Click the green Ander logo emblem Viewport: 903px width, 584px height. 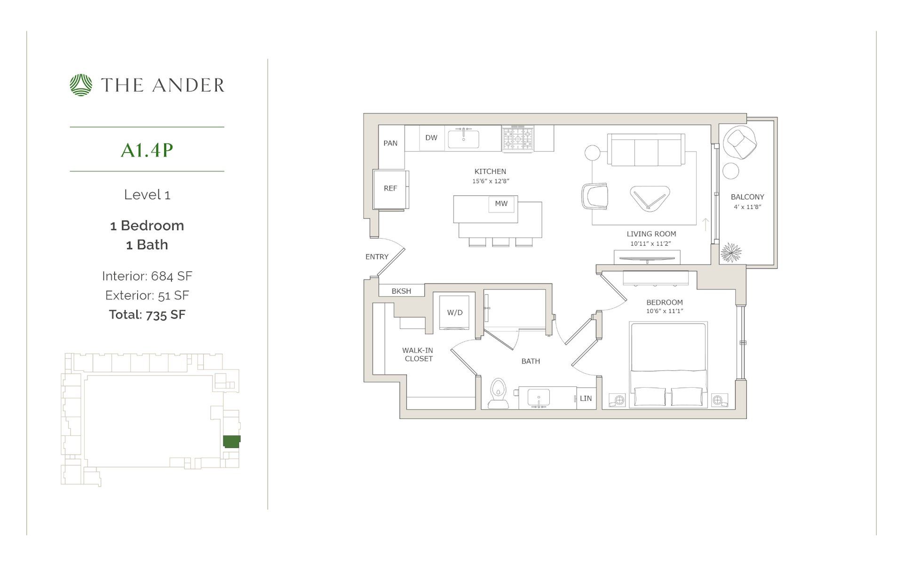pos(81,85)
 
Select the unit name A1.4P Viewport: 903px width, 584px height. pos(147,150)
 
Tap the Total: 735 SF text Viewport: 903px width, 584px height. pos(147,314)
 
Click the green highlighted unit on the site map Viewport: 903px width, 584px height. pos(231,441)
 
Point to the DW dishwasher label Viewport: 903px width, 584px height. pos(431,138)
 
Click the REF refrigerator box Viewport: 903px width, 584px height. pos(390,188)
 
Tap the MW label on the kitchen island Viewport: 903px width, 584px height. pos(501,204)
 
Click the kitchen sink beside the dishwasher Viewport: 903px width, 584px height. pos(463,139)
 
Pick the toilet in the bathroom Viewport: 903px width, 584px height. pos(498,394)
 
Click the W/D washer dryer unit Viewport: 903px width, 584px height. pos(454,313)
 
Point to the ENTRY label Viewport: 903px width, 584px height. pos(377,257)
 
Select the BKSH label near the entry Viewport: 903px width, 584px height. pos(401,291)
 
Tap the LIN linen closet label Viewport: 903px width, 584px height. pos(586,399)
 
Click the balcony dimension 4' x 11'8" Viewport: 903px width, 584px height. pos(747,207)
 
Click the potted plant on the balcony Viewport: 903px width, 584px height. pos(730,253)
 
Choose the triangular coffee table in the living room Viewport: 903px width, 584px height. pos(650,199)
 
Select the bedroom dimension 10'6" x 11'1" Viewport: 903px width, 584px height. pos(664,311)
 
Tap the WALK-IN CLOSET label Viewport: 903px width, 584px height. pos(418,354)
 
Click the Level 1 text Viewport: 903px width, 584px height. pos(147,195)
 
